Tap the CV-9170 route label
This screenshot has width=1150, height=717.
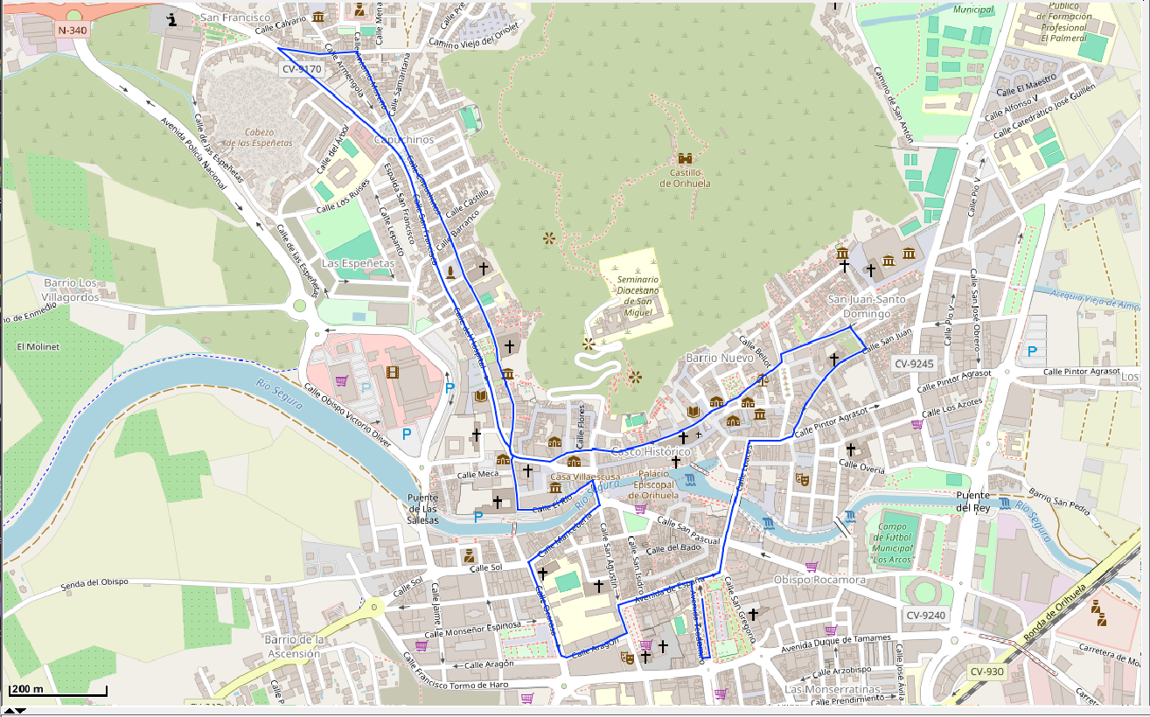click(x=302, y=68)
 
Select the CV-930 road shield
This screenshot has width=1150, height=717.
click(x=987, y=672)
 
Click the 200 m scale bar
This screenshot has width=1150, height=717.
click(x=58, y=691)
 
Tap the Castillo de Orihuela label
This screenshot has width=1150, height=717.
click(x=685, y=178)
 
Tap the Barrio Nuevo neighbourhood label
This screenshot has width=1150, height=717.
click(x=719, y=358)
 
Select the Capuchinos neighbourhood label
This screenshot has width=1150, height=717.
click(x=403, y=140)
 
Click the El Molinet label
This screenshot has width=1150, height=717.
click(x=38, y=346)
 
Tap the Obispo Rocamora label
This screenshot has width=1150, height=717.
click(x=819, y=581)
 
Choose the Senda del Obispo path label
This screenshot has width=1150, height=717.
click(x=94, y=582)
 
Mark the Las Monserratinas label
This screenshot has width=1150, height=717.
click(x=831, y=689)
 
